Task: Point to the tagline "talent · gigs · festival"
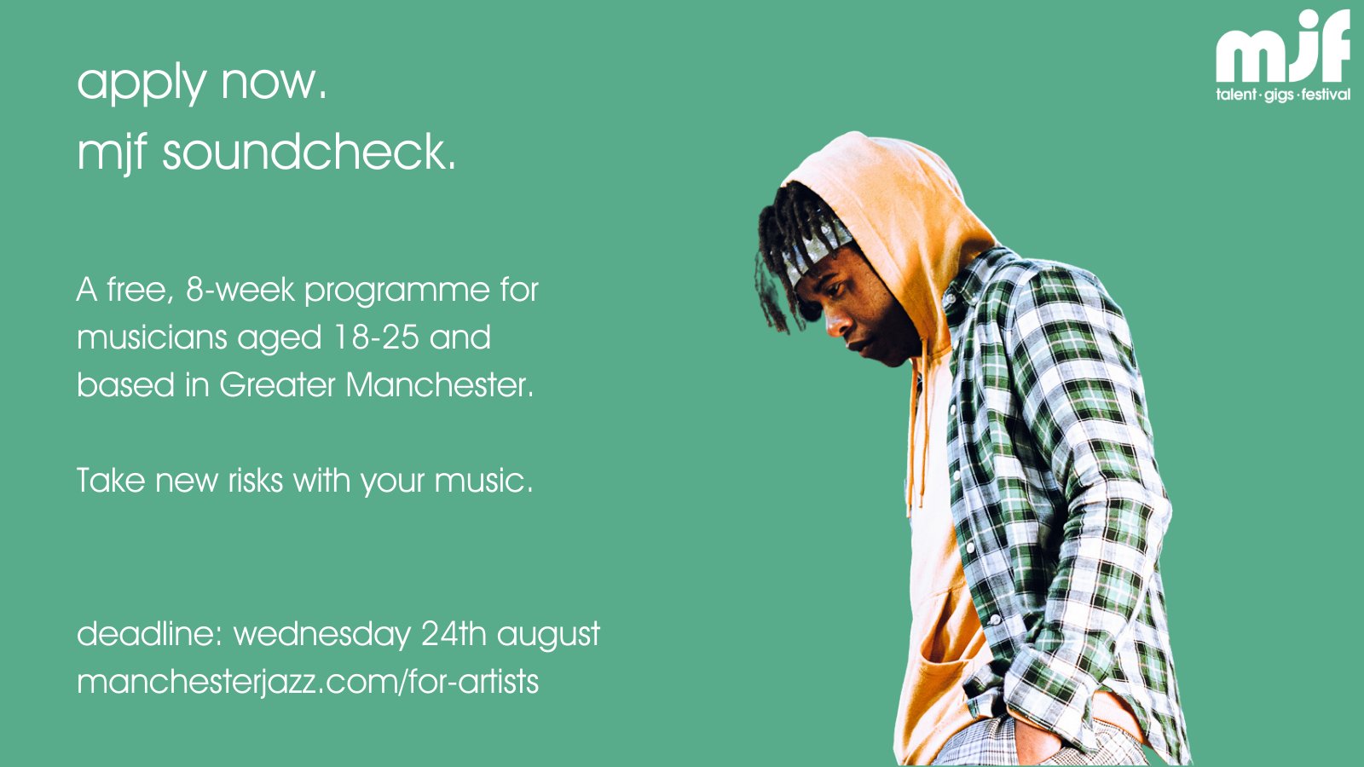coord(1283,95)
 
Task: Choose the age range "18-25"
coord(375,337)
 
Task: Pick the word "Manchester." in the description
coord(439,385)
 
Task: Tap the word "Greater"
coord(277,385)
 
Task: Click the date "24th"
coord(454,634)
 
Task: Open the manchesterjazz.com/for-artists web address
coord(307,682)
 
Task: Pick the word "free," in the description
coord(141,290)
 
